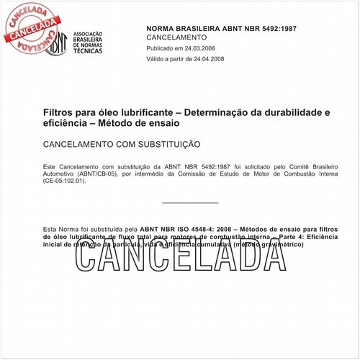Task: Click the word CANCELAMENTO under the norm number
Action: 176,37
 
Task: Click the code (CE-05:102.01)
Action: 65,181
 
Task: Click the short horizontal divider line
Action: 190,204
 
